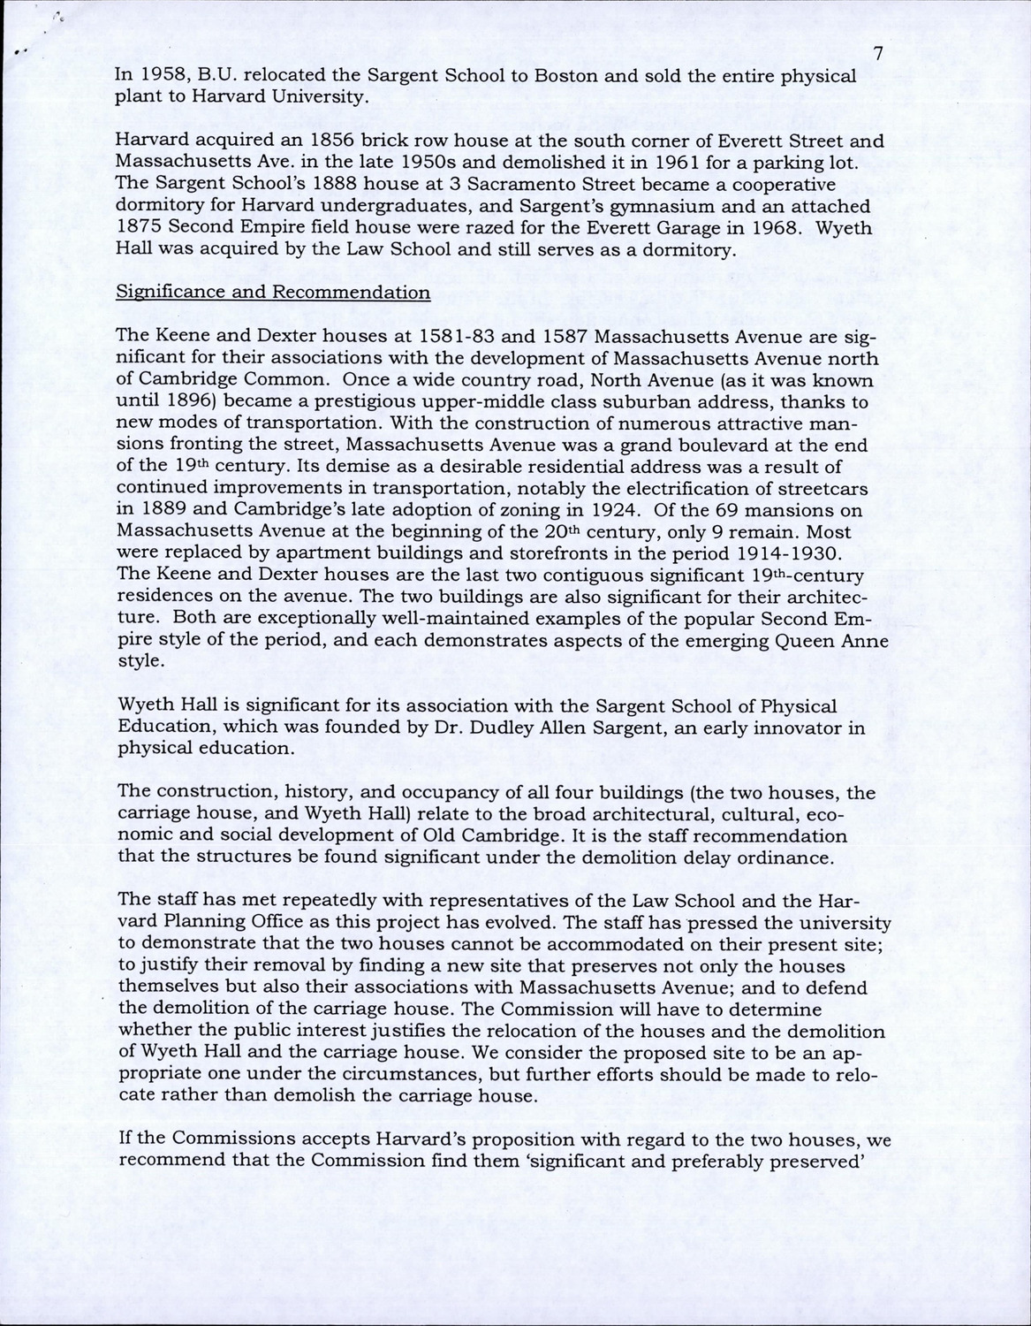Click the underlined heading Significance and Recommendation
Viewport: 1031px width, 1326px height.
[273, 293]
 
